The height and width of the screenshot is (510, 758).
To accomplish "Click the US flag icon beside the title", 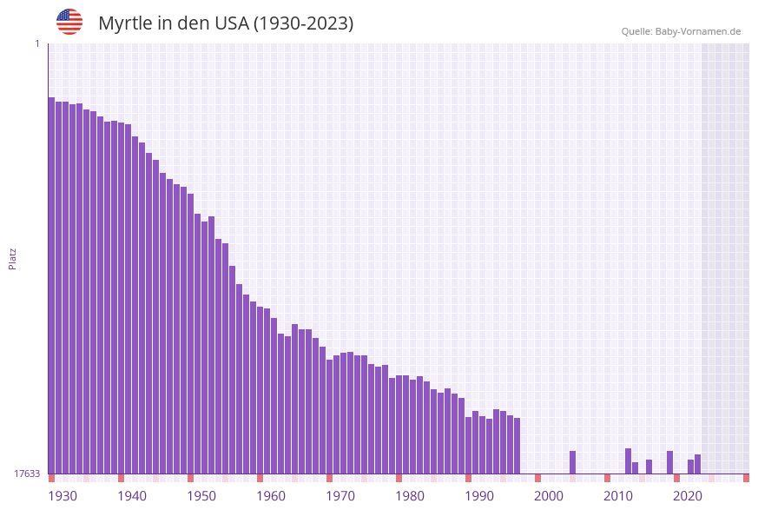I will [69, 22].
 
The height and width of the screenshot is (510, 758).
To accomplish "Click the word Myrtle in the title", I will [127, 23].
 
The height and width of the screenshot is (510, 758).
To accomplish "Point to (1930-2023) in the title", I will [303, 23].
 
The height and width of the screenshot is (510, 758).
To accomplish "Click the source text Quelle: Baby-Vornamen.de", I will [681, 31].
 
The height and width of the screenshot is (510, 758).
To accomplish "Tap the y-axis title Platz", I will [13, 258].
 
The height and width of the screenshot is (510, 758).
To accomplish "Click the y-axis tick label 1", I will [36, 43].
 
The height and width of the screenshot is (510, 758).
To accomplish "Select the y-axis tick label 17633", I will [27, 474].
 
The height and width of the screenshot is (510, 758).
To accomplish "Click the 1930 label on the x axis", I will [63, 496].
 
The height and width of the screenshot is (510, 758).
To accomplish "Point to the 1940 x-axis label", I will [132, 496].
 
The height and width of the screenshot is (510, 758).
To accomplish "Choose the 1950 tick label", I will [201, 496].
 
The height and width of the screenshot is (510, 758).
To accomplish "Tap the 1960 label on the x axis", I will [271, 496].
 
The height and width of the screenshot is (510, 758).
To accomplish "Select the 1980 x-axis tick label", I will [410, 496].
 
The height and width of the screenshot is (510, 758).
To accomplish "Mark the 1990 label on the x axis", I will [479, 496].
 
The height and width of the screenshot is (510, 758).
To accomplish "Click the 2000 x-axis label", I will [549, 496].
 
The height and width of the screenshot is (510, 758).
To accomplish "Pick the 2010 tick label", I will [618, 496].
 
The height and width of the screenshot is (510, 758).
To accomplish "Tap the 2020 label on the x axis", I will [688, 496].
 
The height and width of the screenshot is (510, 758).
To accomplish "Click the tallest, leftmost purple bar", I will [51, 287].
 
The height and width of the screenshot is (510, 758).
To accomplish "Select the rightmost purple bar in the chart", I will [697, 464].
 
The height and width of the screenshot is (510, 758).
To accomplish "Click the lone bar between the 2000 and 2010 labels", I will [572, 462].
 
